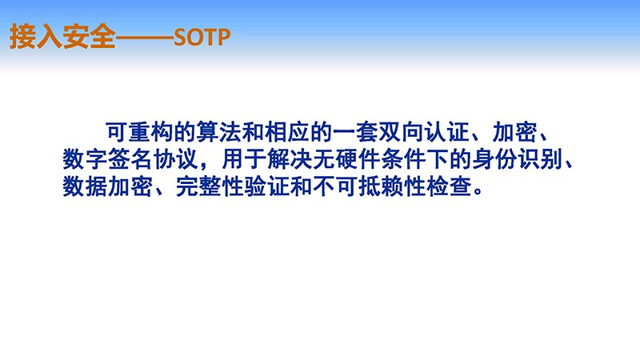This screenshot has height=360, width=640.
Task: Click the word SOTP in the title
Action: (202, 38)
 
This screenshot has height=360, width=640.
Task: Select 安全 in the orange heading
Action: (89, 37)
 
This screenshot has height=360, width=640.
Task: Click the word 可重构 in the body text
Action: (139, 132)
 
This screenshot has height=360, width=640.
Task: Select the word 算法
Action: (218, 132)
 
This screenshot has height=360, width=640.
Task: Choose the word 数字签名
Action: (108, 159)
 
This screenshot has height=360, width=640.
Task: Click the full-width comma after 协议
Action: (205, 166)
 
